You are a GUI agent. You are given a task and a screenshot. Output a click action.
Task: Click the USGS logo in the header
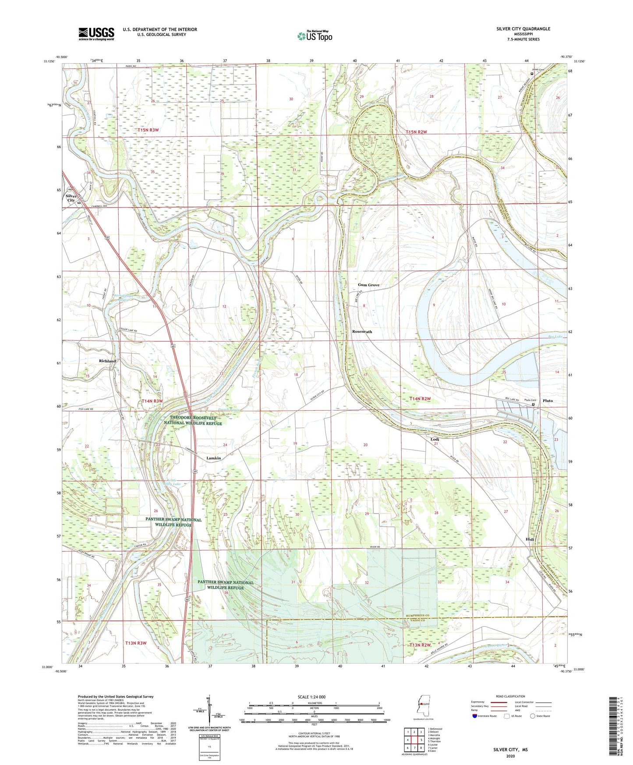(96, 33)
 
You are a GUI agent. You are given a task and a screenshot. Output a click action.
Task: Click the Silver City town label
(71, 198)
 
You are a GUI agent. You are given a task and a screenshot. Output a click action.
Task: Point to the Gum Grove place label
(368, 285)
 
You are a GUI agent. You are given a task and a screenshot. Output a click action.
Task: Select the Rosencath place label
(362, 332)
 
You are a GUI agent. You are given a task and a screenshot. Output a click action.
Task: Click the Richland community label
(107, 361)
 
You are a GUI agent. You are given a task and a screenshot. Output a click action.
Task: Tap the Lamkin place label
(213, 458)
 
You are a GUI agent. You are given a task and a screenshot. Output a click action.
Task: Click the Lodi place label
(435, 439)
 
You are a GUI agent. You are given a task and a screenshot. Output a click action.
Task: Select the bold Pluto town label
(548, 400)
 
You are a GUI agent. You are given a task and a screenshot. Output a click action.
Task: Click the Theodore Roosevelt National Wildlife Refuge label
(193, 421)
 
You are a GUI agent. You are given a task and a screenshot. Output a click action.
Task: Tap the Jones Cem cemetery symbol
(532, 74)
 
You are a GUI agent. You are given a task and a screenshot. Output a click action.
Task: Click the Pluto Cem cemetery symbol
(533, 405)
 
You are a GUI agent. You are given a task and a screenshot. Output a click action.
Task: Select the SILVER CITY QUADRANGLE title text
(523, 29)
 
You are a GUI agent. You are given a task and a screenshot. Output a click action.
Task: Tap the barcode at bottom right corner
(614, 727)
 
